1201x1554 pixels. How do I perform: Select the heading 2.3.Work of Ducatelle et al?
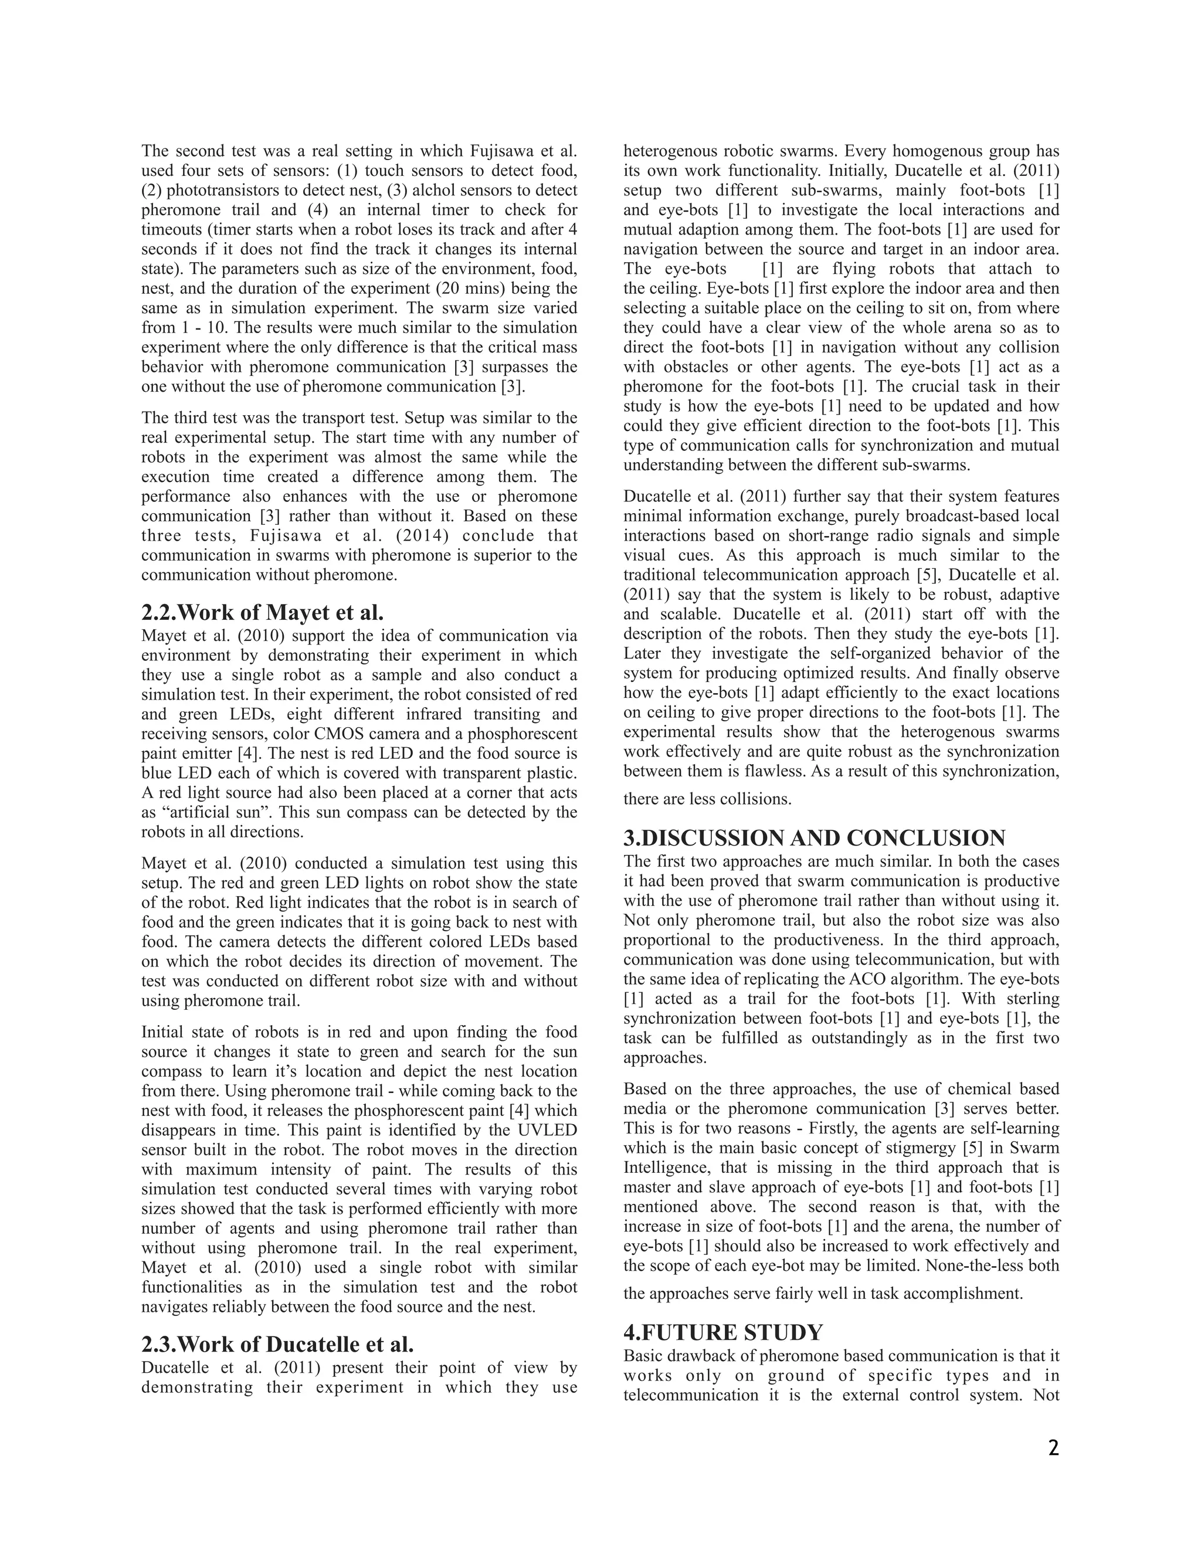click(277, 1345)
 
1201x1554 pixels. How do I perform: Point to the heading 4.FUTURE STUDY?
click(723, 1332)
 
